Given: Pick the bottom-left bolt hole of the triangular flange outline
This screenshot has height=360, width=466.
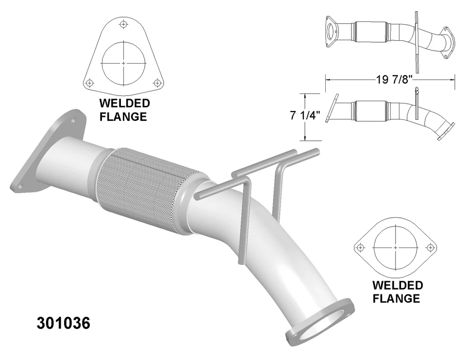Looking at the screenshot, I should coord(89,83).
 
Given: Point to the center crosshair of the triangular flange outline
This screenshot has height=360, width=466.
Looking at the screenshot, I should coord(124,63).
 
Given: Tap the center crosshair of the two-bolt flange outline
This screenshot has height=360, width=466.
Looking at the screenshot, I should coord(395,247).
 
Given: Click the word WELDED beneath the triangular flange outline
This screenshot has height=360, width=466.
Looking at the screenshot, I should coord(124,103).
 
